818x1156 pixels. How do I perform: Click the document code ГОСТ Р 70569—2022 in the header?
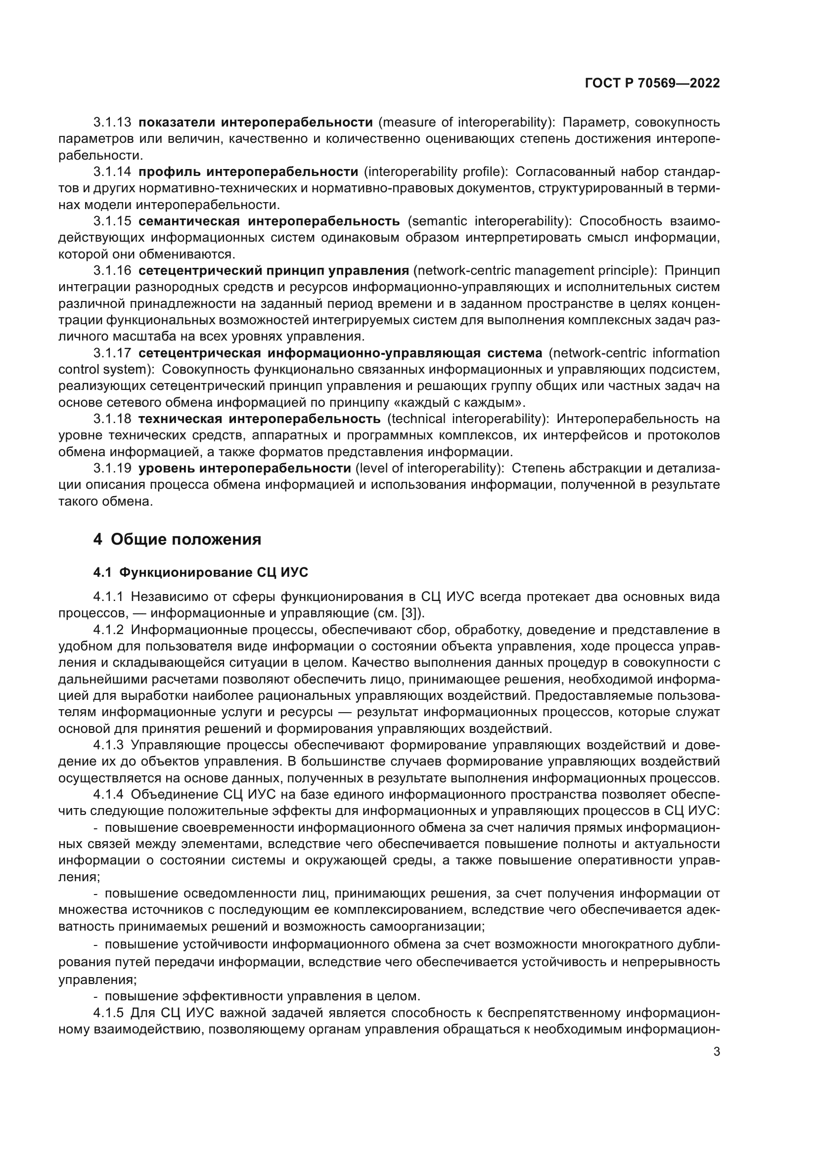coord(652,84)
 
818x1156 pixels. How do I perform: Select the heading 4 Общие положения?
coord(178,539)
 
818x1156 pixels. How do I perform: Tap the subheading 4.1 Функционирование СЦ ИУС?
coord(200,572)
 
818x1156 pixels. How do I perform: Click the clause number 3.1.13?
coord(112,123)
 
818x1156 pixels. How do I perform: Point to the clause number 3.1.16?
coord(112,271)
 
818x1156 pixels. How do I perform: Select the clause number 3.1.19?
coord(112,468)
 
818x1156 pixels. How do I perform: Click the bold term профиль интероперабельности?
coord(248,172)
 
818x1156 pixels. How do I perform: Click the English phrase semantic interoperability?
coord(488,221)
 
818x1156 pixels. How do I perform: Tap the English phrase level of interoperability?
coord(428,468)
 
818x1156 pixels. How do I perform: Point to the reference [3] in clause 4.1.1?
coord(412,613)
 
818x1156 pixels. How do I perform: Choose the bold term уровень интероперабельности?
coord(244,468)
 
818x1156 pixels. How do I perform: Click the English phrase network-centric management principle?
coord(533,271)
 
